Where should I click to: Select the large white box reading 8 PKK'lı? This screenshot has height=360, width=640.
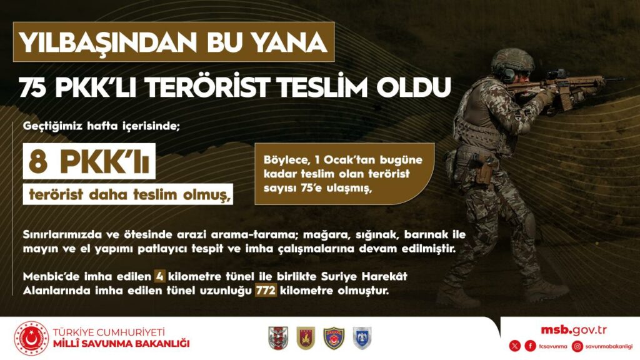coord(87,164)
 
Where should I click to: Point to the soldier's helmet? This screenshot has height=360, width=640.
coord(511,60)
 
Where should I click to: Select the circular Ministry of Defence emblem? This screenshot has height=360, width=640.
coord(31,338)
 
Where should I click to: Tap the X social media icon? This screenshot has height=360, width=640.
coord(514,346)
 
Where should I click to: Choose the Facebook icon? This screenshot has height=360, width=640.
coord(530,346)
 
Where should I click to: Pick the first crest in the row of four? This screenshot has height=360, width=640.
coord(276,338)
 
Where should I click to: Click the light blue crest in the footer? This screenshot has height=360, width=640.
coord(362,338)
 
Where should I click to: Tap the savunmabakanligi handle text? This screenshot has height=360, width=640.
coord(609,346)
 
